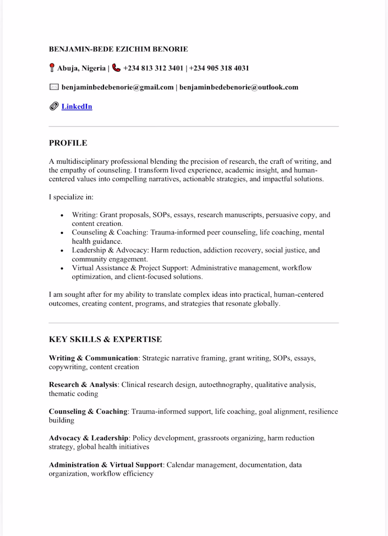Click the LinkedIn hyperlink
click(77, 106)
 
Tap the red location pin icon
click(52, 68)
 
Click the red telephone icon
click(116, 68)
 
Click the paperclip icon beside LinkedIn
click(54, 106)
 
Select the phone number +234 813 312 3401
click(153, 68)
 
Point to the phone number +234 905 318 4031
click(219, 68)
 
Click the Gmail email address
click(118, 87)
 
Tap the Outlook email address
click(239, 87)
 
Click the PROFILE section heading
click(68, 143)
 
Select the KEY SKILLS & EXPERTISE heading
click(105, 339)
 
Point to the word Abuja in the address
click(68, 68)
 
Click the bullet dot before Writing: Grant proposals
click(61, 215)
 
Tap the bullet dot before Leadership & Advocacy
click(61, 250)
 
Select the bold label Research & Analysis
click(83, 384)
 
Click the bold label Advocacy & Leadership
click(89, 438)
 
